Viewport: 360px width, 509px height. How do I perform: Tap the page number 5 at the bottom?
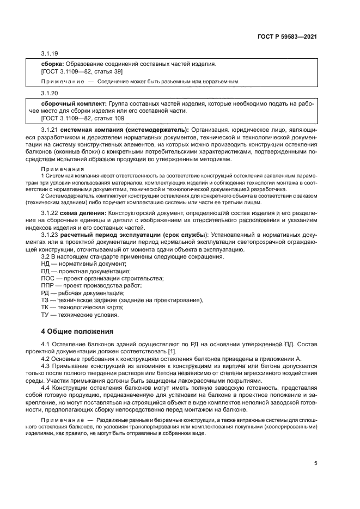point(315,463)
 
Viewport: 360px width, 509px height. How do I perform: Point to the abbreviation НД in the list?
point(46,263)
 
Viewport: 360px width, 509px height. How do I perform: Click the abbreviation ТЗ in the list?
point(45,299)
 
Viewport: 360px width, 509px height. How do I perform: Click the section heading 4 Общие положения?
point(77,331)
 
